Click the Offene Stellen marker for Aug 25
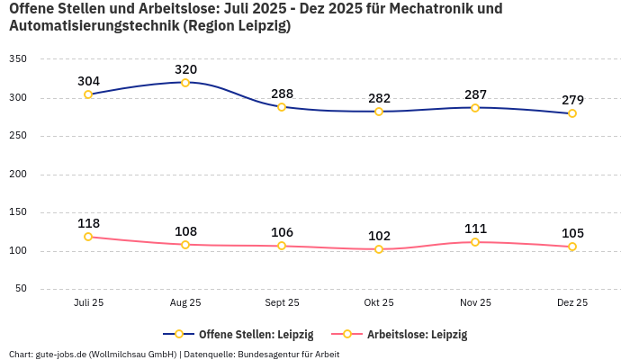pyautogui.click(x=185, y=83)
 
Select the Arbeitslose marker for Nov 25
pyautogui.click(x=475, y=242)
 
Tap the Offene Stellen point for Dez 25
pyautogui.click(x=572, y=113)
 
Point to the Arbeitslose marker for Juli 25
pyautogui.click(x=88, y=237)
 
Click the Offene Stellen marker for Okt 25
pyautogui.click(x=379, y=112)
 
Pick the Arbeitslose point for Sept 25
pyautogui.click(x=282, y=246)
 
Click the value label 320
pyautogui.click(x=185, y=69)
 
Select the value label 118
pyautogui.click(x=88, y=223)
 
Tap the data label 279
pyautogui.click(x=572, y=100)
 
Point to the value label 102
pyautogui.click(x=379, y=236)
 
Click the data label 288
pyautogui.click(x=282, y=94)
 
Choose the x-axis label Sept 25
pyautogui.click(x=282, y=303)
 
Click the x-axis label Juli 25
pyautogui.click(x=88, y=303)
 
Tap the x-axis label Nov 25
pyautogui.click(x=475, y=303)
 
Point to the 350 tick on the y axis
pyautogui.click(x=18, y=59)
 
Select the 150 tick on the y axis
pyautogui.click(x=18, y=213)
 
